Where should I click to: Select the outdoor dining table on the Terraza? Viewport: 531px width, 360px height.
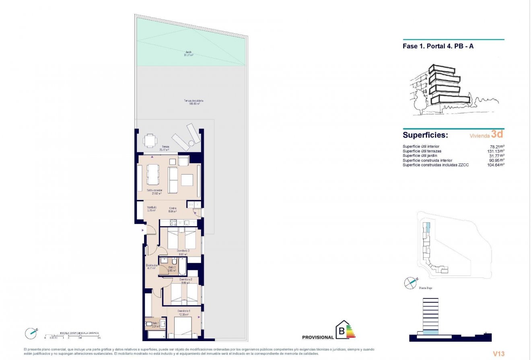pos(150,140)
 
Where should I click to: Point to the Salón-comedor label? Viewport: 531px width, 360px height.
pos(154,191)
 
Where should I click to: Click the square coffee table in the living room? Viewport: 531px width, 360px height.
pos(187,180)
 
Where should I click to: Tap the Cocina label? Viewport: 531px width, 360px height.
pos(173,209)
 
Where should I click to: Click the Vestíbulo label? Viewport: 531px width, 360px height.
pos(151,208)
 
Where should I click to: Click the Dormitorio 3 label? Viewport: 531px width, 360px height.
pos(183,252)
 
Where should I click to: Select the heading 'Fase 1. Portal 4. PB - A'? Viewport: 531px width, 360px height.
pos(438,46)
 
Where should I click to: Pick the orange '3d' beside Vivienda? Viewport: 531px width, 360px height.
pos(497,134)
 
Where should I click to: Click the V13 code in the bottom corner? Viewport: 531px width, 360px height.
pos(499,354)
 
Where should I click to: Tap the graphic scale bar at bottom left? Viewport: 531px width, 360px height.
pos(72,335)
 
